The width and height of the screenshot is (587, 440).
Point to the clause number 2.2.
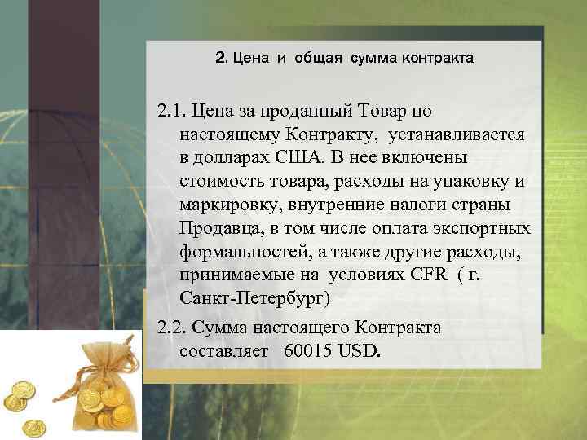coord(176,328)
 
